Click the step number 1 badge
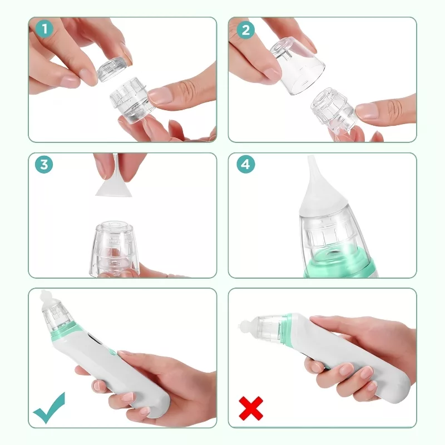click(x=44, y=29)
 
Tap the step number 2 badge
click(x=246, y=30)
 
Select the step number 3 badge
click(x=44, y=164)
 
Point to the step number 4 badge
click(x=246, y=164)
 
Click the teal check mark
click(x=49, y=408)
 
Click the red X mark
click(x=251, y=408)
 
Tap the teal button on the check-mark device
click(x=113, y=352)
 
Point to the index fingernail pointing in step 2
click(x=367, y=111)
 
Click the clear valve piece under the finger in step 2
click(x=333, y=110)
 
